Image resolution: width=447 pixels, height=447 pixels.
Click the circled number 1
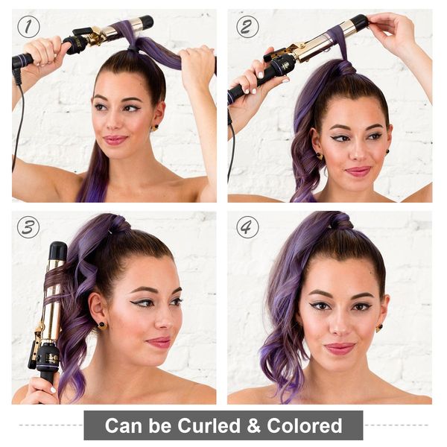(x=28, y=27)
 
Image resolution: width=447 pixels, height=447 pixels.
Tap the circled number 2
(x=247, y=27)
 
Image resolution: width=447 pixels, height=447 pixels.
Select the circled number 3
(x=28, y=227)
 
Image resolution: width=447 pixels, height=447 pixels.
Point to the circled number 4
(x=247, y=227)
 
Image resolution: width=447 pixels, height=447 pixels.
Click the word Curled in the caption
(x=209, y=425)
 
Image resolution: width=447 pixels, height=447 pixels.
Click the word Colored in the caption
(x=305, y=425)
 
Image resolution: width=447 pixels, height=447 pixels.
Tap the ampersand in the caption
(x=254, y=425)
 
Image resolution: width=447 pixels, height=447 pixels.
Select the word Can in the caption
(x=124, y=425)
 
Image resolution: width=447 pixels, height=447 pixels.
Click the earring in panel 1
(x=156, y=127)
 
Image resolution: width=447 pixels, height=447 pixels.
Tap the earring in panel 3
(x=102, y=326)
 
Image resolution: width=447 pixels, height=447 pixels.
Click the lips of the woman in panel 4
(x=340, y=349)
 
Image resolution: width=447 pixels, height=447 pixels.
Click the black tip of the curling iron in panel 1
(x=146, y=22)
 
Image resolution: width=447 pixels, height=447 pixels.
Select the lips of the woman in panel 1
(x=115, y=140)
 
